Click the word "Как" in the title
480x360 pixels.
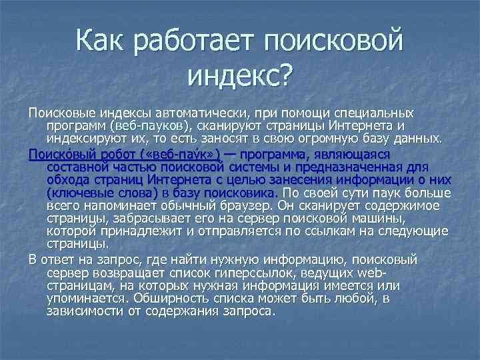(99, 43)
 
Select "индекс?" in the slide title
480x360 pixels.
(239, 77)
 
